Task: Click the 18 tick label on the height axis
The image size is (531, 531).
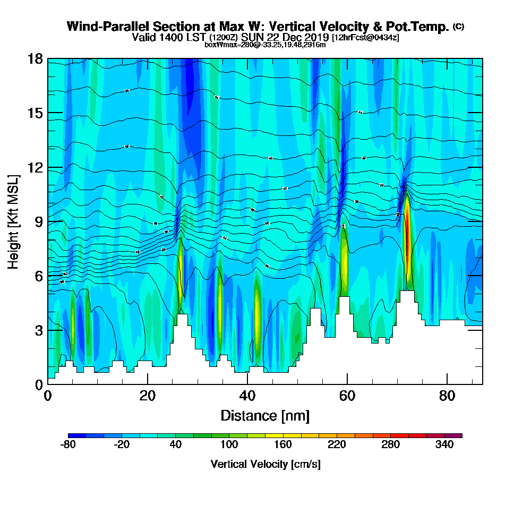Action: [35, 58]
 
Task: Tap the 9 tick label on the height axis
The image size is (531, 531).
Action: [38, 221]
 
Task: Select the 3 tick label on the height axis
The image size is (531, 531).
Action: [38, 330]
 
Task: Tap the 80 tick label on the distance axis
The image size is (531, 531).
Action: [447, 396]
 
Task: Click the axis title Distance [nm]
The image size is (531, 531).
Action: [265, 415]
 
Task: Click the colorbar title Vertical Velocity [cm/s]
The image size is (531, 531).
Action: [265, 464]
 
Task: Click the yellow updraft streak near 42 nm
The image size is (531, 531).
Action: [257, 308]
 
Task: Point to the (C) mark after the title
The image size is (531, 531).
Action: [458, 26]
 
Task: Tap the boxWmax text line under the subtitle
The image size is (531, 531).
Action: [265, 45]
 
